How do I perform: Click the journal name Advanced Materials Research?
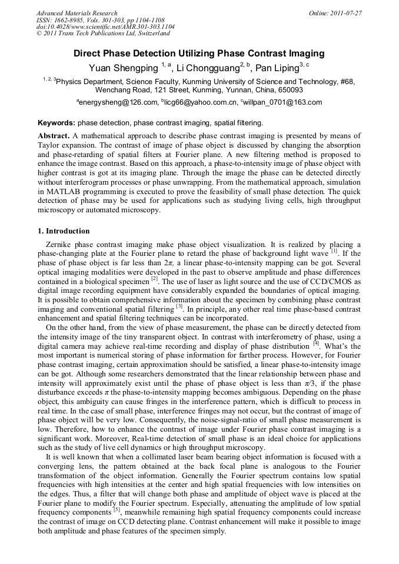coord(77,13)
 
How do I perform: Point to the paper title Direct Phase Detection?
coord(199,54)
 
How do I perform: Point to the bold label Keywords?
coord(56,124)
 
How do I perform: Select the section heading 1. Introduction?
coord(64,231)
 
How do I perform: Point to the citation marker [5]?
coord(117,510)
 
